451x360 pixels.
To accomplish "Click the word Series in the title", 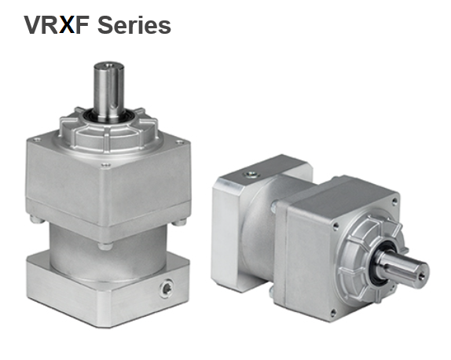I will tap(134, 24).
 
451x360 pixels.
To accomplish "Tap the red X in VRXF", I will tap(70, 24).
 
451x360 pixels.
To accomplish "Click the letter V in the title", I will tap(33, 24).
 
